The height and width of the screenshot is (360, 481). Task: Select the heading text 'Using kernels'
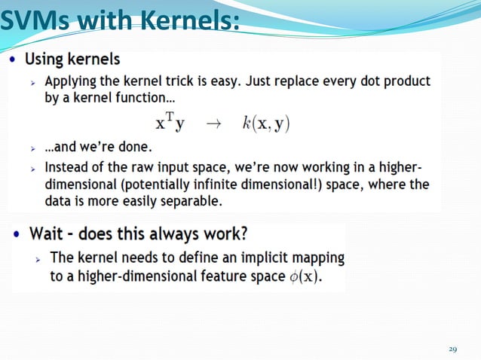[x=72, y=59]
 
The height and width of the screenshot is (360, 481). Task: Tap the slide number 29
[x=452, y=349]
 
